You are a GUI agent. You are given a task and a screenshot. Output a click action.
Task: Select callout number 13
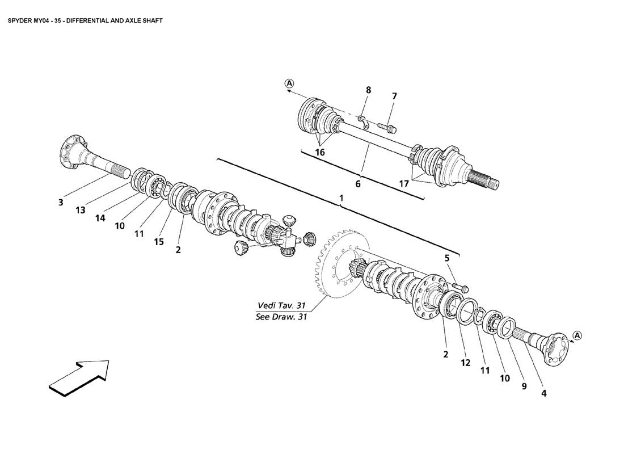(x=81, y=210)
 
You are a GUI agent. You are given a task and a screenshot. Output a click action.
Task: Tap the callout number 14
(x=100, y=217)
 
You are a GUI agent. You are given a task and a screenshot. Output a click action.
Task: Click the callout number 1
(x=341, y=198)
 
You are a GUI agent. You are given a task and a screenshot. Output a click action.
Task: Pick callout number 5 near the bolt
(x=447, y=259)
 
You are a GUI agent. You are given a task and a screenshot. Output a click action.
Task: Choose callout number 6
(x=358, y=184)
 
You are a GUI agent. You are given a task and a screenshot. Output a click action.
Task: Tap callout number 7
(x=394, y=96)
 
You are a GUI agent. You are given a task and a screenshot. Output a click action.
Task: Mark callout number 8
(x=368, y=90)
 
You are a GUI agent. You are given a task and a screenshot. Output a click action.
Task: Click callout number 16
(x=321, y=152)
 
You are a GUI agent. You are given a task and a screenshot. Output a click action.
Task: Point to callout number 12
(x=466, y=363)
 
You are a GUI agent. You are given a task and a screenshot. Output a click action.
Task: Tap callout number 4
(x=543, y=392)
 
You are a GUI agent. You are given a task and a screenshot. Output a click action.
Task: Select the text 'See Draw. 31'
(x=281, y=317)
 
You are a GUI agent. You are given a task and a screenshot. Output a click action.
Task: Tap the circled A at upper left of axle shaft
(x=289, y=83)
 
